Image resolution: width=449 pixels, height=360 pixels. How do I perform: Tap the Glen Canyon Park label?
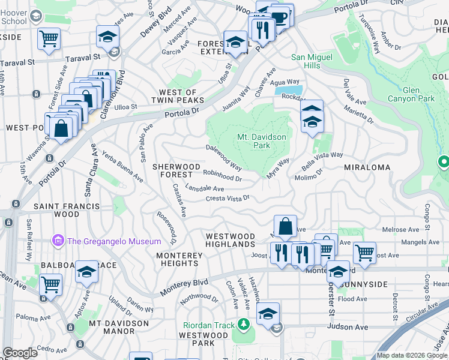pyautogui.click(x=419, y=94)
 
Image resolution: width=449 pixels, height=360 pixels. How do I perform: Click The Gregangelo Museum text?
pyautogui.click(x=113, y=241)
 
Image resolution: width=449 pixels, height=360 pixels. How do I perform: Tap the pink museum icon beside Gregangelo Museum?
pyautogui.click(x=58, y=241)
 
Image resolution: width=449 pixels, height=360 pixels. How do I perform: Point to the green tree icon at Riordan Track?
pyautogui.click(x=243, y=325)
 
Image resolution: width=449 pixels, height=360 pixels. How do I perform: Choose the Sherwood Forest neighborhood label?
pyautogui.click(x=176, y=170)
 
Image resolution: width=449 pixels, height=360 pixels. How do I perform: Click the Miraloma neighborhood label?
pyautogui.click(x=367, y=167)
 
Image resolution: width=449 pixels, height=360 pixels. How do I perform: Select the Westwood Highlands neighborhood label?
pyautogui.click(x=230, y=241)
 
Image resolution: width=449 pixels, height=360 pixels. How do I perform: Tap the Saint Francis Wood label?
pyautogui.click(x=67, y=210)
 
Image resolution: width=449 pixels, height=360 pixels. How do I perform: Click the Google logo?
pyautogui.click(x=20, y=353)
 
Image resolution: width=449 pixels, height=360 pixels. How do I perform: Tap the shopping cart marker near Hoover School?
pyautogui.click(x=49, y=39)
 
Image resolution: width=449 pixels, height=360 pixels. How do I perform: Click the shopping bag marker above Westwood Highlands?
pyautogui.click(x=286, y=227)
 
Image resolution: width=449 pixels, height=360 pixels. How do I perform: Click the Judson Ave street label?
pyautogui.click(x=348, y=327)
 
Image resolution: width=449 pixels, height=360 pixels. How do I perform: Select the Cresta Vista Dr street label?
pyautogui.click(x=227, y=198)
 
